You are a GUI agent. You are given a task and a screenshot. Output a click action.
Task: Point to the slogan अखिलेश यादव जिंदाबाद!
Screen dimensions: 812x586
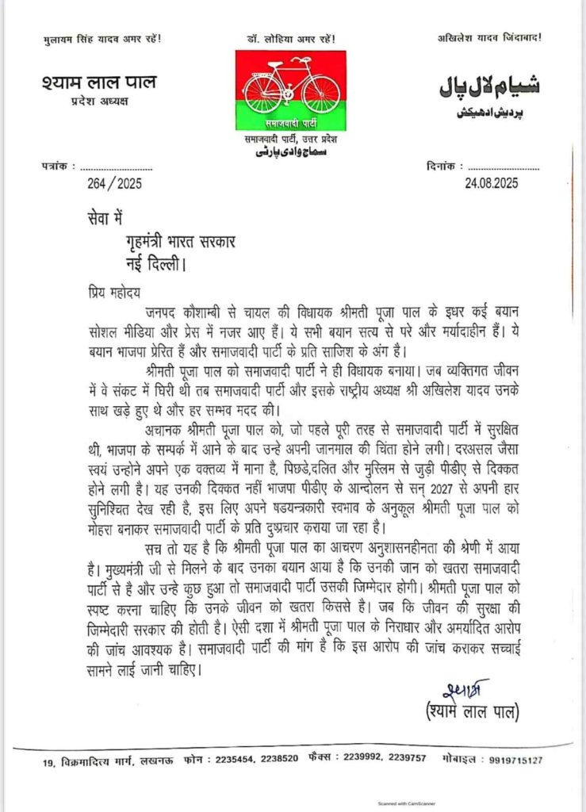(x=494, y=37)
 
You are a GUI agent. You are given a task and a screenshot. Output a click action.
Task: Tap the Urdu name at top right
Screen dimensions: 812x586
(x=489, y=86)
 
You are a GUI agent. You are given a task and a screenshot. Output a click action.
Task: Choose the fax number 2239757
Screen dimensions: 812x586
(x=405, y=759)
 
